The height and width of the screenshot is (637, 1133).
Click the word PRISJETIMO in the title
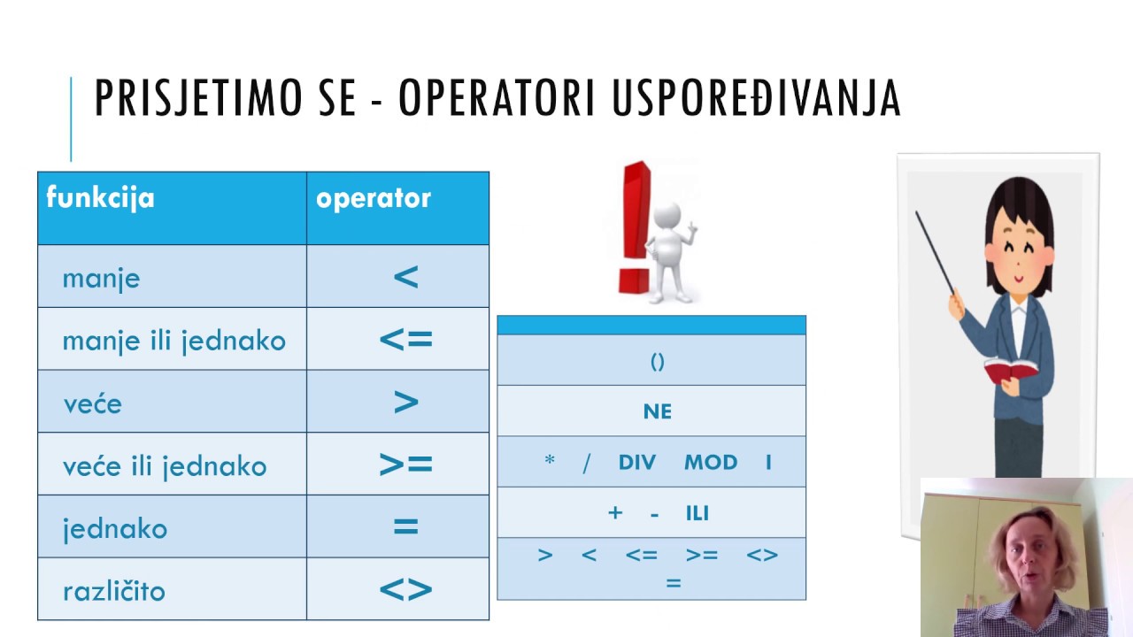click(x=198, y=97)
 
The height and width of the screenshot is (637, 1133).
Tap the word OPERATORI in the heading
click(x=496, y=97)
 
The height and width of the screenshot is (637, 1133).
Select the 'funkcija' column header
click(x=100, y=197)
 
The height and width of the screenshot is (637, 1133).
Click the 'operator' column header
click(x=374, y=198)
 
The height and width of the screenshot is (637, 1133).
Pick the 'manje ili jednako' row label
click(x=174, y=342)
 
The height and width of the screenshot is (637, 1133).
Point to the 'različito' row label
click(x=114, y=590)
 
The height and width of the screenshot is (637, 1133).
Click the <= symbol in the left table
click(x=405, y=339)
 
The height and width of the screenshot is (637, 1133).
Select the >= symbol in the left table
click(x=405, y=464)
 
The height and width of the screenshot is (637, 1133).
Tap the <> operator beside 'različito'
click(x=405, y=589)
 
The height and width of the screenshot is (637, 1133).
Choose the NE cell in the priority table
click(x=658, y=411)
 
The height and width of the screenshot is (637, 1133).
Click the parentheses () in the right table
click(x=657, y=362)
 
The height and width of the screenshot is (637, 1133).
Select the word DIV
click(x=636, y=462)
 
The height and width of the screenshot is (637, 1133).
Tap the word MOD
click(x=711, y=462)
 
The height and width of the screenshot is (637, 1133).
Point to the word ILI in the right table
click(x=697, y=514)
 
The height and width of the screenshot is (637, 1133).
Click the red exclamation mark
click(x=636, y=227)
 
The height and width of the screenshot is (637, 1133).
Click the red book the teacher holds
click(x=1009, y=369)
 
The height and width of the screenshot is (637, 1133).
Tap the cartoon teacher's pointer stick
click(x=935, y=252)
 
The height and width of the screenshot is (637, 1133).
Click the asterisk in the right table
click(x=550, y=459)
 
